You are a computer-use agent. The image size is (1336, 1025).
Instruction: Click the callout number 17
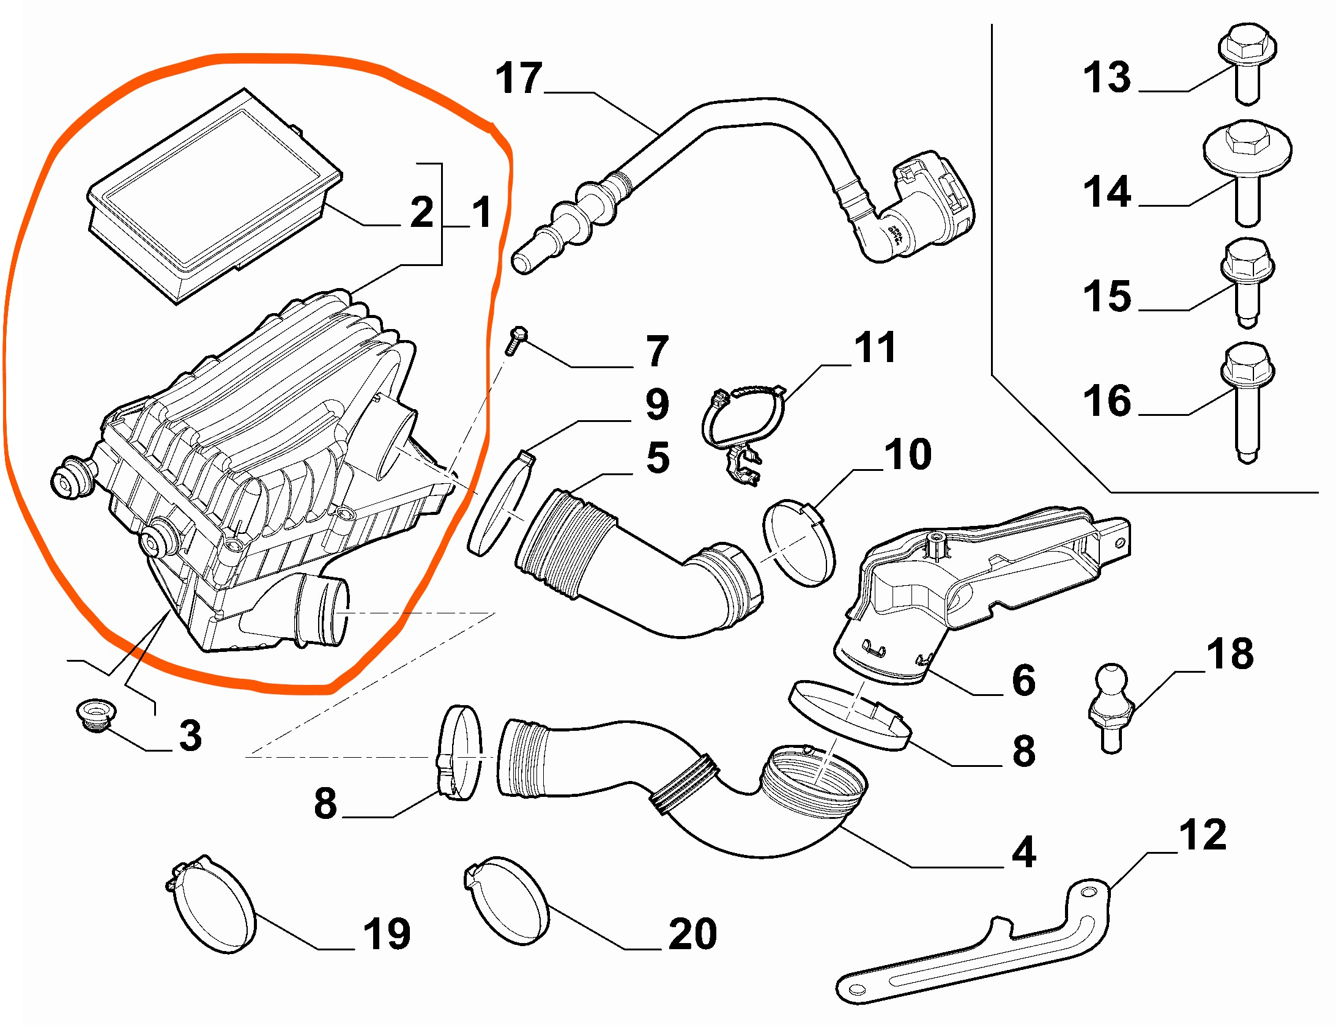point(519,78)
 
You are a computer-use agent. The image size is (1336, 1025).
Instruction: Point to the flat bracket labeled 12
point(979,954)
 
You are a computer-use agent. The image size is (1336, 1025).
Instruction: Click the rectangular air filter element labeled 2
point(214,196)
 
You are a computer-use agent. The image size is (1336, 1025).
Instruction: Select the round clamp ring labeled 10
point(799,542)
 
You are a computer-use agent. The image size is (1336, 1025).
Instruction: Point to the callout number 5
point(658,457)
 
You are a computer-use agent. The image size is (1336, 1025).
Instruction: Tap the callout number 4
point(1023,851)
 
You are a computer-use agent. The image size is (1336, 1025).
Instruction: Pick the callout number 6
point(1023,680)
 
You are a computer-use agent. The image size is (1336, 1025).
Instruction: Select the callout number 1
point(482,212)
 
